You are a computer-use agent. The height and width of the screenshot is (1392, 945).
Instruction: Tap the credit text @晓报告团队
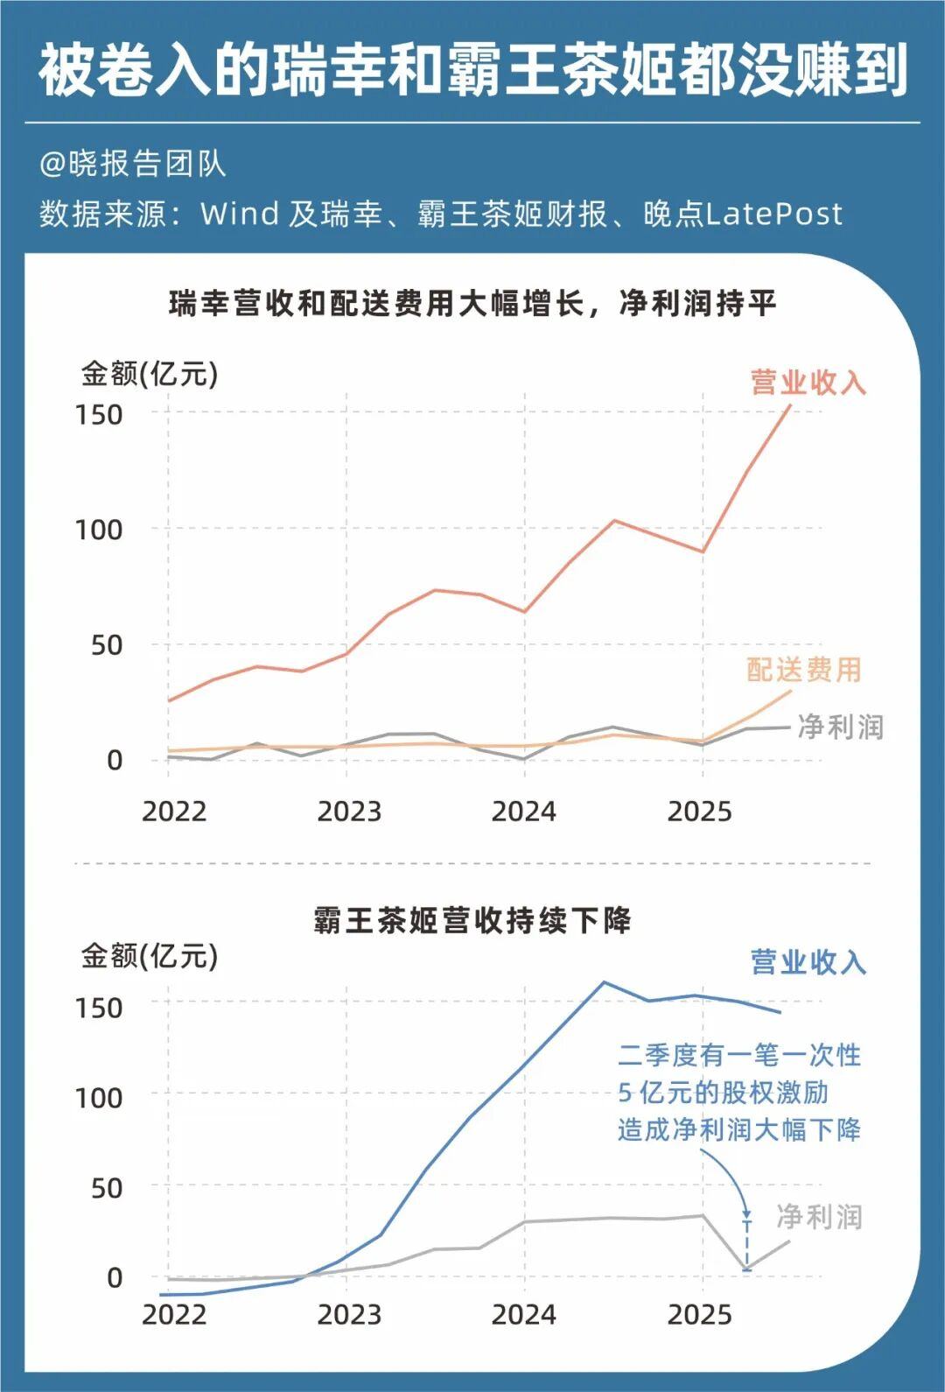[132, 164]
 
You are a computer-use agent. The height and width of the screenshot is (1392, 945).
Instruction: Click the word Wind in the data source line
[239, 214]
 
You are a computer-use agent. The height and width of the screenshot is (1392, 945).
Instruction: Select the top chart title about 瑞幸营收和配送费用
[472, 304]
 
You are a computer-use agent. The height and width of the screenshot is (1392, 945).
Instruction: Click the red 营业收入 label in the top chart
[808, 383]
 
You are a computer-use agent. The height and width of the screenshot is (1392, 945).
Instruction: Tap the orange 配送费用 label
[804, 670]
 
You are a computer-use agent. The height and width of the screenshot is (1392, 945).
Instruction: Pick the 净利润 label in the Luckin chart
[840, 727]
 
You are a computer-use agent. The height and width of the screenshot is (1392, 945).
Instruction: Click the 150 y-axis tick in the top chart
[99, 414]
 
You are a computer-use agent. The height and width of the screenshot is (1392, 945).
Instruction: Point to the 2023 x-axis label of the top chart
[349, 812]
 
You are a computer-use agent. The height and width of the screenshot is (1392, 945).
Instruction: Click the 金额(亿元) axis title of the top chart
[150, 374]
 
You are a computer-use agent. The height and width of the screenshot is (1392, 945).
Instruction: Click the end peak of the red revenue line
[789, 406]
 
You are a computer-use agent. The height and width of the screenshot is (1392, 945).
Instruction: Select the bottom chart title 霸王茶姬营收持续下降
[472, 920]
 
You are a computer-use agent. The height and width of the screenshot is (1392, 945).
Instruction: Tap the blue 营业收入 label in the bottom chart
[808, 962]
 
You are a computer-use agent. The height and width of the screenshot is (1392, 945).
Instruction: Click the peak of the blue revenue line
[604, 982]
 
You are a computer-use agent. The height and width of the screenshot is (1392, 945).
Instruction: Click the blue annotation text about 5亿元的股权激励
[739, 1092]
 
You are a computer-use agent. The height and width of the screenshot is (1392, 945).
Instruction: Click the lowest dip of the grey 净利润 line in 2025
[747, 1269]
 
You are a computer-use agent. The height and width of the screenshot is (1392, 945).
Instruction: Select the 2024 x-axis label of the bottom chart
[523, 1314]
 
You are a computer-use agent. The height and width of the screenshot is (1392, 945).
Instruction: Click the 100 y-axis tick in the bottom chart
[99, 1097]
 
